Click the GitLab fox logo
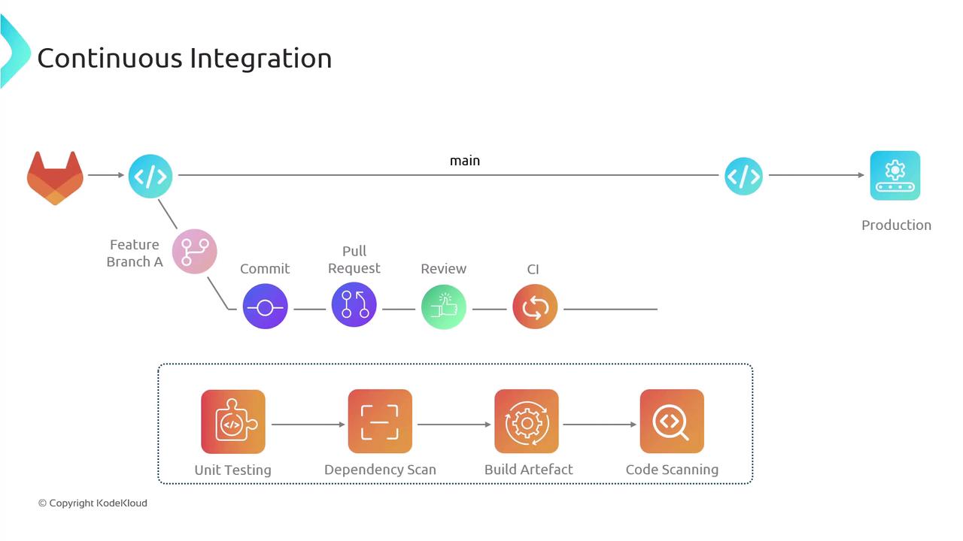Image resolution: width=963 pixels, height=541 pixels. (55, 177)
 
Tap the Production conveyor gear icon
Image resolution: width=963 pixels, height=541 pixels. (895, 176)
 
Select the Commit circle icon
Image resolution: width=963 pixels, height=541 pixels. (265, 307)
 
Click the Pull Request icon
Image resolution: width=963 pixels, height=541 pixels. (354, 305)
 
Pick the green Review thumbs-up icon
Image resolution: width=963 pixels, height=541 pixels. (444, 307)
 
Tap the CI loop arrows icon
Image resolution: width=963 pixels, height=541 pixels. (535, 307)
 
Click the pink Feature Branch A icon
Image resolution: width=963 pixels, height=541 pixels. (194, 252)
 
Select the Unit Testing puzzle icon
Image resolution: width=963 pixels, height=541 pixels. (233, 422)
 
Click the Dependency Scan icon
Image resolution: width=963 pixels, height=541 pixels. (380, 422)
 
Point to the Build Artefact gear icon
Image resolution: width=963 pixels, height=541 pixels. (527, 422)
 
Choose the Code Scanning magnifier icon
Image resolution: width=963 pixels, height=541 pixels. (672, 422)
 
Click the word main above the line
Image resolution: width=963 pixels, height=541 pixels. (465, 161)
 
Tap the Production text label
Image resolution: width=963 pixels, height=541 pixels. (896, 225)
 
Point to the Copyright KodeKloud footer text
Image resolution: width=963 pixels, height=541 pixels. (93, 503)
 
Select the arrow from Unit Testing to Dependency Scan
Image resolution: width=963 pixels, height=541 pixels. (307, 425)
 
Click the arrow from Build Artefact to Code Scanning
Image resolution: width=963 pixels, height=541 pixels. (600, 425)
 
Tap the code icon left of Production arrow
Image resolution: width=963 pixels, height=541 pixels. (743, 176)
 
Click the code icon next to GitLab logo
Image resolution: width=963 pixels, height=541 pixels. (150, 176)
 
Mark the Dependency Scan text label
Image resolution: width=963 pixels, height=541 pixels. (380, 470)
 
